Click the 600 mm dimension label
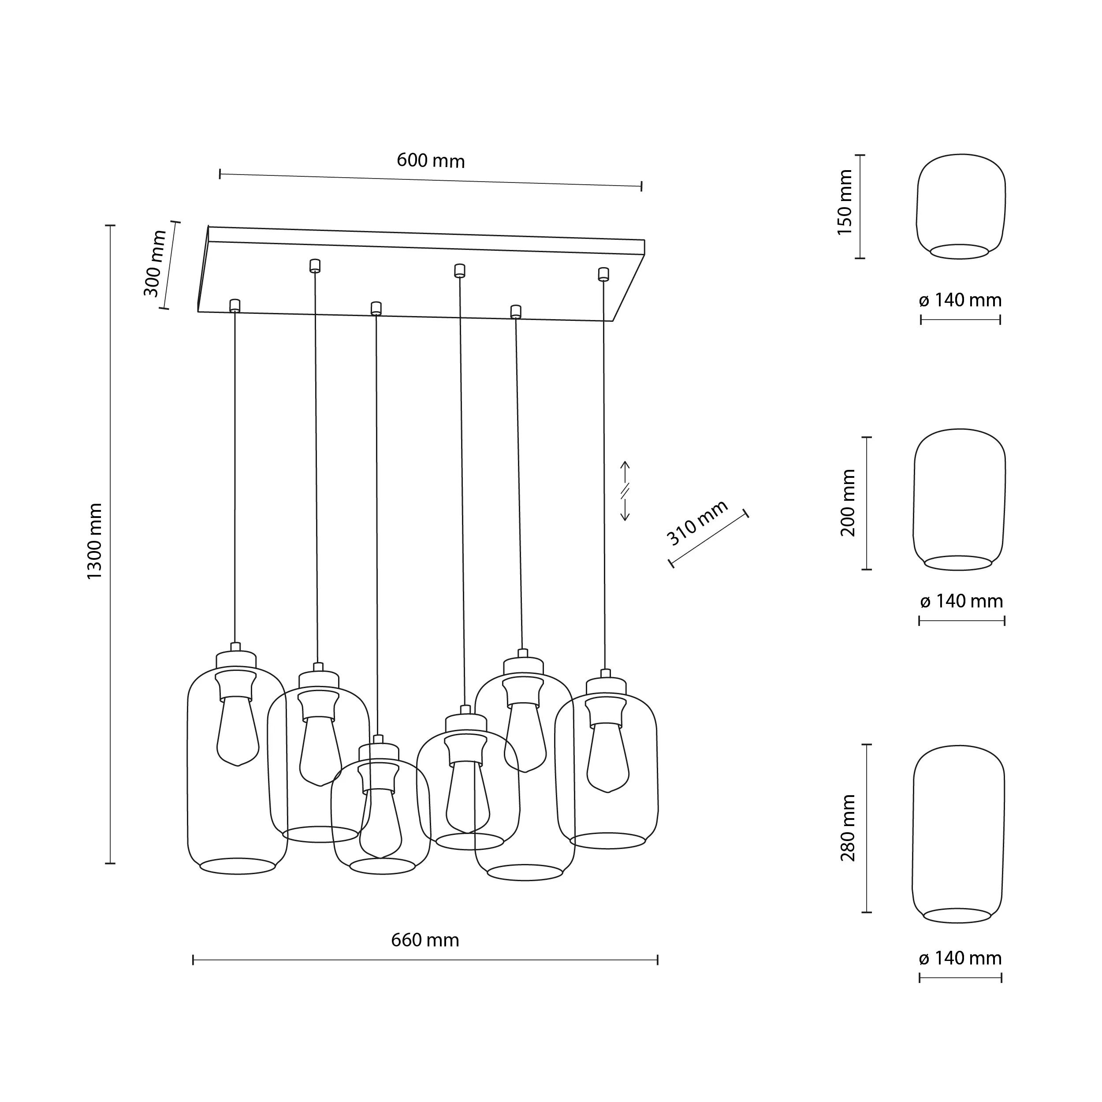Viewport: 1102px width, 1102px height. coord(431,161)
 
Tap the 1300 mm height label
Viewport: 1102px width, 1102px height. coord(94,541)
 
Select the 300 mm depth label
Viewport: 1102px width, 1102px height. coord(154,264)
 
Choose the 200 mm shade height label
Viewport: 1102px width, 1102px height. coord(848,503)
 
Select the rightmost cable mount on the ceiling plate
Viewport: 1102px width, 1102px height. coord(603,274)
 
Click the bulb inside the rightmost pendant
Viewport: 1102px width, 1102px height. coord(608,759)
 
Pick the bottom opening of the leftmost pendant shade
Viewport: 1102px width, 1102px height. coord(237,866)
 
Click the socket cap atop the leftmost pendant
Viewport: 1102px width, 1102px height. coord(235,659)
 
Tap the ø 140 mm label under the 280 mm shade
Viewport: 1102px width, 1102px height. coord(960,959)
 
